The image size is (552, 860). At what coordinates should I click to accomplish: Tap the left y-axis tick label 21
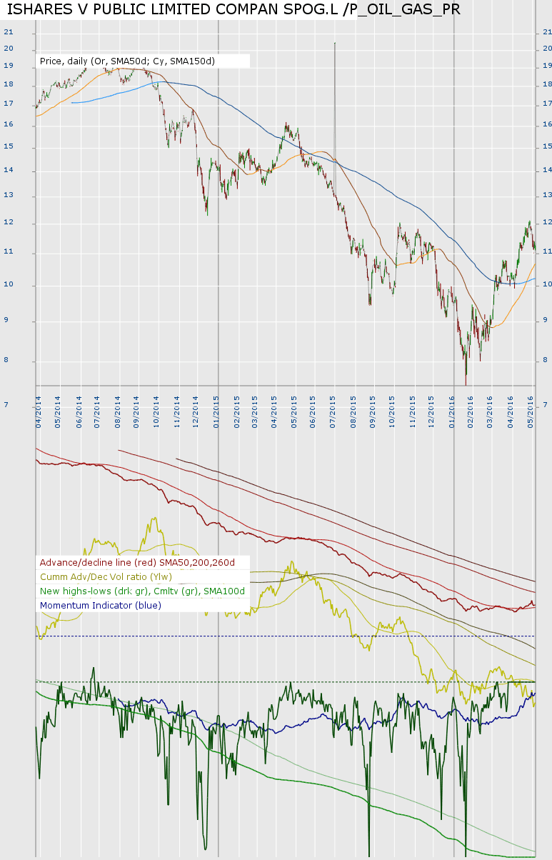pyautogui.click(x=9, y=32)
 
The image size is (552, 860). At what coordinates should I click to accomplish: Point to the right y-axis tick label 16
pyautogui.click(x=547, y=125)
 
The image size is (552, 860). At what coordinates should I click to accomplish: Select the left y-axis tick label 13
pyautogui.click(x=9, y=196)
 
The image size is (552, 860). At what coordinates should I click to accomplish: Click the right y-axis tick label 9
pyautogui.click(x=546, y=321)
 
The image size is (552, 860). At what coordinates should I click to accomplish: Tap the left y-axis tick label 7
pyautogui.click(x=6, y=405)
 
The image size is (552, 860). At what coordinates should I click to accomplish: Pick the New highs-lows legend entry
pyautogui.click(x=142, y=591)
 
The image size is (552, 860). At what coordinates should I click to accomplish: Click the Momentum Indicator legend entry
pyautogui.click(x=101, y=605)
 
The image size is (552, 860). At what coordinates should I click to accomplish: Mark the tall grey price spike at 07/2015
pyautogui.click(x=334, y=107)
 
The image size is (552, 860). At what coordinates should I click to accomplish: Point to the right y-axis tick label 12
pyautogui.click(x=547, y=223)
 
